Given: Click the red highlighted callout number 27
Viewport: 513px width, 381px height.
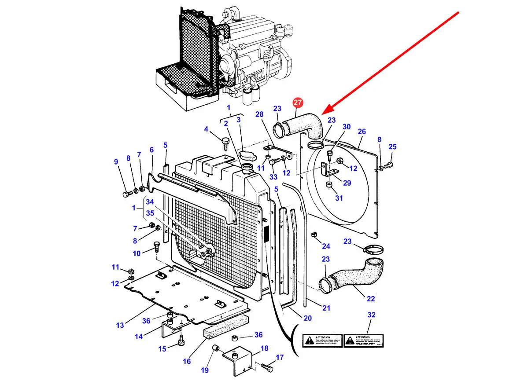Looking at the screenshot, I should click(298, 103).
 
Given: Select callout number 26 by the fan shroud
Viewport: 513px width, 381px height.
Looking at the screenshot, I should click(362, 132).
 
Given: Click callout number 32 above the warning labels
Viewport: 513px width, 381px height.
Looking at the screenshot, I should click(371, 315).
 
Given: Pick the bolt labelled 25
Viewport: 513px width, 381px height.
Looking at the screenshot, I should click(388, 165).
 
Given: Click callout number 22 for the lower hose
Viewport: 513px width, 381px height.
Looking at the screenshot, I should click(371, 299).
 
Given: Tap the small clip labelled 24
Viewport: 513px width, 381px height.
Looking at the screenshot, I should click(315, 234).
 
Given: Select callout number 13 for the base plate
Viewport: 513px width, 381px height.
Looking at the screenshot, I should click(120, 325).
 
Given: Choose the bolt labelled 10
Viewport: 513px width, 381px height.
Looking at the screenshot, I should click(156, 246).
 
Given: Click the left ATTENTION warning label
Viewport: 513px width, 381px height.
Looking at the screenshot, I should click(322, 340).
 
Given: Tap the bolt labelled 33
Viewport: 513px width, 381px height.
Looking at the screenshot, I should click(272, 162).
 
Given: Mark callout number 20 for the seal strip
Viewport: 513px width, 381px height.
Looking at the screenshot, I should click(308, 318).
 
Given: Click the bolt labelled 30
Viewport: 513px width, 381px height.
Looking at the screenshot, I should click(329, 154).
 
